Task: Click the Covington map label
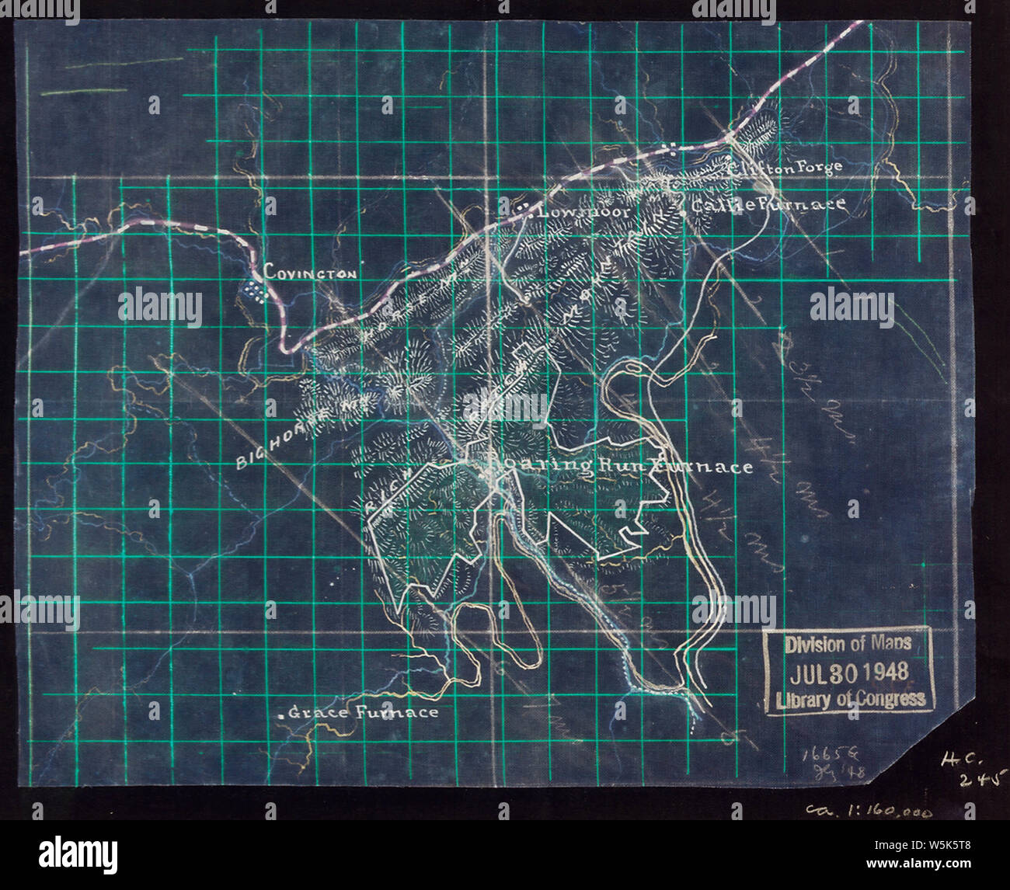[x=311, y=273]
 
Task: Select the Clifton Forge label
[x=786, y=167]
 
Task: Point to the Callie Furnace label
[x=768, y=205]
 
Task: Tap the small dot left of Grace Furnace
[x=280, y=713]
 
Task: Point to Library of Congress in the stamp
[x=851, y=699]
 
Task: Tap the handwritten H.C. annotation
[x=957, y=763]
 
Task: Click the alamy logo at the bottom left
[x=78, y=854]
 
